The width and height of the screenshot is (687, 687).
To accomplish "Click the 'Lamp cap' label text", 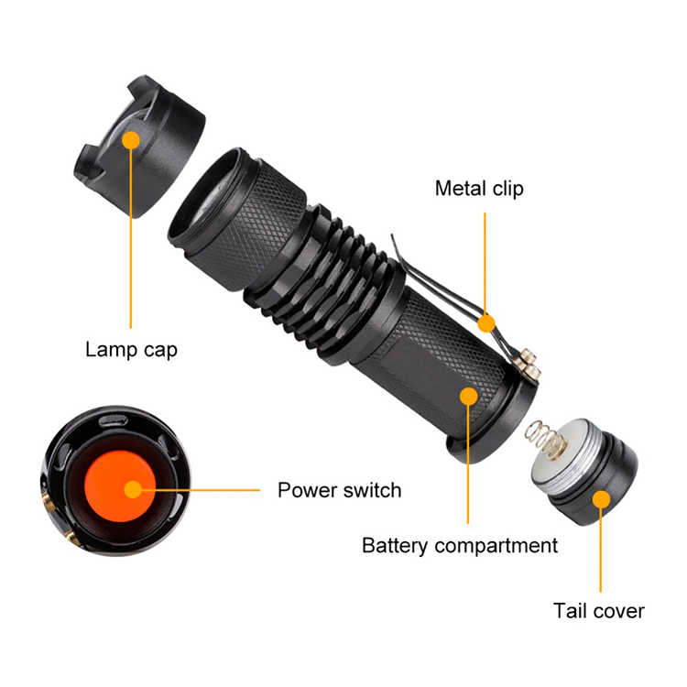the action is (x=131, y=350).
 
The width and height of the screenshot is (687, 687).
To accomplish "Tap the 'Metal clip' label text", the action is (x=479, y=189).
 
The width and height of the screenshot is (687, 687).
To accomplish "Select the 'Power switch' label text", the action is (x=340, y=490).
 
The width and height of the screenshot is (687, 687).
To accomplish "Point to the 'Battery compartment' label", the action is (x=460, y=546).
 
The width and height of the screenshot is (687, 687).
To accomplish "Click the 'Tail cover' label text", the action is (x=599, y=611).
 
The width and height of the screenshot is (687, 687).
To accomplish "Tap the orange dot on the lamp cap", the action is (x=131, y=141).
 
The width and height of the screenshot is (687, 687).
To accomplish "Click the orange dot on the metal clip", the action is (x=486, y=323).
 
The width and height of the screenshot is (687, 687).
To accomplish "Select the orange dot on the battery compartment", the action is (x=468, y=396).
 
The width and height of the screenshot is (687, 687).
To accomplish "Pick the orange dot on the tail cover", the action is (x=601, y=499).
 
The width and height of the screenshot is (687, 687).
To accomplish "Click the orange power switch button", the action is (x=119, y=486).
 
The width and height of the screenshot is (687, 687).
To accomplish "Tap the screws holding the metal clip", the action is (x=529, y=364).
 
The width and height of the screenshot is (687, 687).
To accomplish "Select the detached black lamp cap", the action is (x=139, y=147).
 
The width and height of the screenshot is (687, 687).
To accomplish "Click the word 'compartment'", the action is (x=496, y=546).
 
